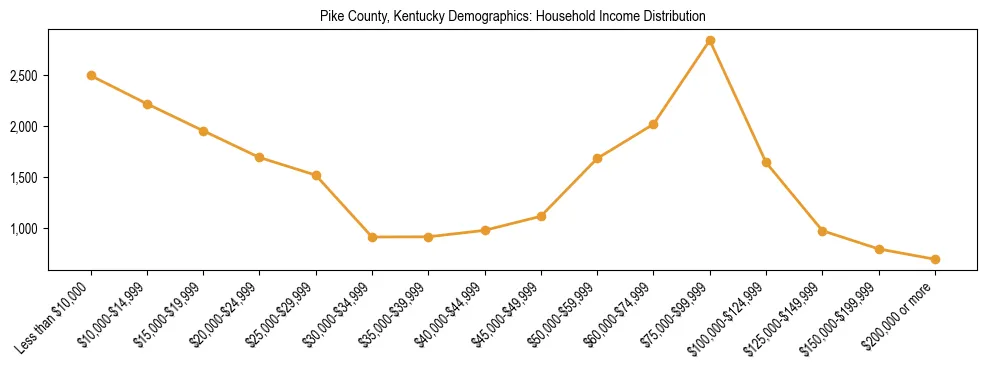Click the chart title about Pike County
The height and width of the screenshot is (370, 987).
click(x=512, y=16)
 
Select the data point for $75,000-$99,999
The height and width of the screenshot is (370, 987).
click(x=710, y=41)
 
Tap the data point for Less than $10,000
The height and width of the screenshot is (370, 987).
click(x=91, y=75)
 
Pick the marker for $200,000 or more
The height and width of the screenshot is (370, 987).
click(x=935, y=259)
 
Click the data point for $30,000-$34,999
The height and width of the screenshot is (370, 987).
click(x=372, y=237)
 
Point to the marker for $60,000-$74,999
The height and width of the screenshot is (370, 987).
click(x=653, y=124)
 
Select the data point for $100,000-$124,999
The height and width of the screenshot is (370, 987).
click(x=766, y=162)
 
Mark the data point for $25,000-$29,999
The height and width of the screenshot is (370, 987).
click(x=316, y=175)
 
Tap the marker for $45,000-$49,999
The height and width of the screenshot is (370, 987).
click(x=541, y=216)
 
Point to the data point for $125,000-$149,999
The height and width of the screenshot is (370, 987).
click(x=822, y=231)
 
